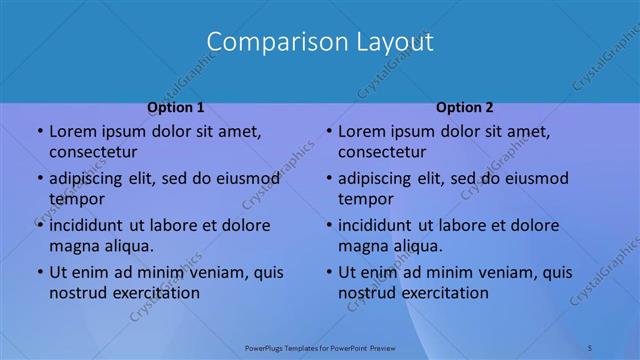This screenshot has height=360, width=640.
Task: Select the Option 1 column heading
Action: pyautogui.click(x=176, y=107)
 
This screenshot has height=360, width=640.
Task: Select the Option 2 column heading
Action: pyautogui.click(x=465, y=107)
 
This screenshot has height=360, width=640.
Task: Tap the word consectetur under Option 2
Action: pyautogui.click(x=382, y=152)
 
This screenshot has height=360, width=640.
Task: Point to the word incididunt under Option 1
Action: pyautogui.click(x=91, y=225)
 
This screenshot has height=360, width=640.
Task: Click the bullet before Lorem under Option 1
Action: pyautogui.click(x=38, y=132)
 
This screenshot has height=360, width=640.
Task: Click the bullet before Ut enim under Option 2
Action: pyautogui.click(x=327, y=272)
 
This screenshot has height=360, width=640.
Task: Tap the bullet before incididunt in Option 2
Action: pyautogui.click(x=327, y=225)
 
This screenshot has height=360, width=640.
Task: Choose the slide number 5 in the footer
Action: pyautogui.click(x=590, y=347)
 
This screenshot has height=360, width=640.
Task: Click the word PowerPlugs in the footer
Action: pyautogui.click(x=265, y=347)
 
